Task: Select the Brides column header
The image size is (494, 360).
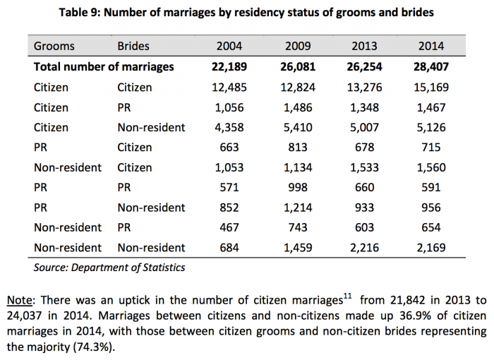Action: click(133, 47)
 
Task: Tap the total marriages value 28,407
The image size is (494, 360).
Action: click(430, 67)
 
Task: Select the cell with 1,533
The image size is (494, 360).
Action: click(365, 168)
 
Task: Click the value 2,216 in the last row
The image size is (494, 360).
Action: click(365, 248)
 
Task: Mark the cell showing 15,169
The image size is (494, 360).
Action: click(430, 88)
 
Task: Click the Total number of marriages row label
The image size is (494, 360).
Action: click(104, 67)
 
